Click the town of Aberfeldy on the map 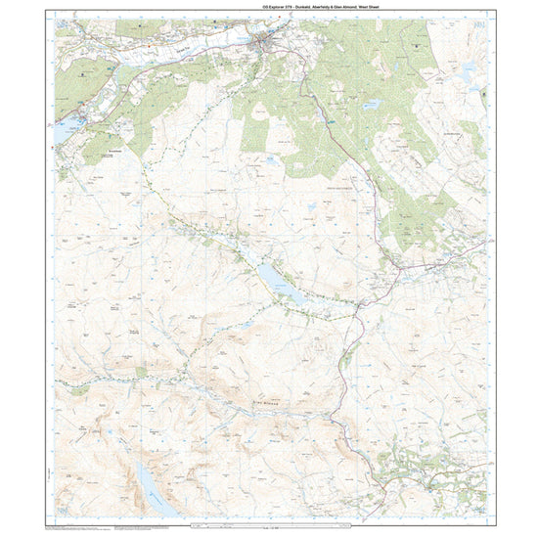264,45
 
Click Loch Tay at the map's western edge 67,127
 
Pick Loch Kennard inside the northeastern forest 371,102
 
